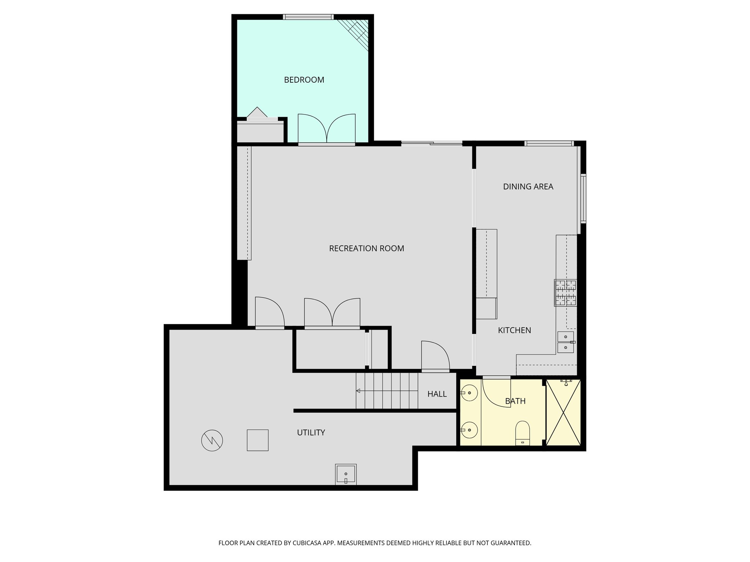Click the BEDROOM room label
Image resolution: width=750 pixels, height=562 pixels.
coord(304,80)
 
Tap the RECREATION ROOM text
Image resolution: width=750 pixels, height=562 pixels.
coord(366,248)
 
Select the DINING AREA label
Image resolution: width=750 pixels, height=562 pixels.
coord(528,187)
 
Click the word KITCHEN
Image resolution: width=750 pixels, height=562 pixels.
coord(514,330)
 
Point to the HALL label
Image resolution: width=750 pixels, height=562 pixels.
coord(437,394)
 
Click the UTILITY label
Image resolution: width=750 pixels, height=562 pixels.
coord(311,432)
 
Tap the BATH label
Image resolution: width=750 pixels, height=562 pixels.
coord(515,401)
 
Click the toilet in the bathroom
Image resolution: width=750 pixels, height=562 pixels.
coord(523,432)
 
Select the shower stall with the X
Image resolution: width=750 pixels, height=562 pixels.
coord(563,412)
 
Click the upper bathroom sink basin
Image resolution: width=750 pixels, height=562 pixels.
coord(469,393)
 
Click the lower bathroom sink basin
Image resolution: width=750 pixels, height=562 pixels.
coord(469,430)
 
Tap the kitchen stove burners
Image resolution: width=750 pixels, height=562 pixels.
coord(565,293)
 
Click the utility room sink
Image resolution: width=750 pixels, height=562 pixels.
coord(346,475)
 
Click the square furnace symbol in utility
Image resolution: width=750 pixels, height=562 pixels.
coord(257,440)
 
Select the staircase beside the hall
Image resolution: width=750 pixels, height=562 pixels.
coord(387,391)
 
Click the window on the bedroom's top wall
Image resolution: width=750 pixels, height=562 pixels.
coord(308,17)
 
